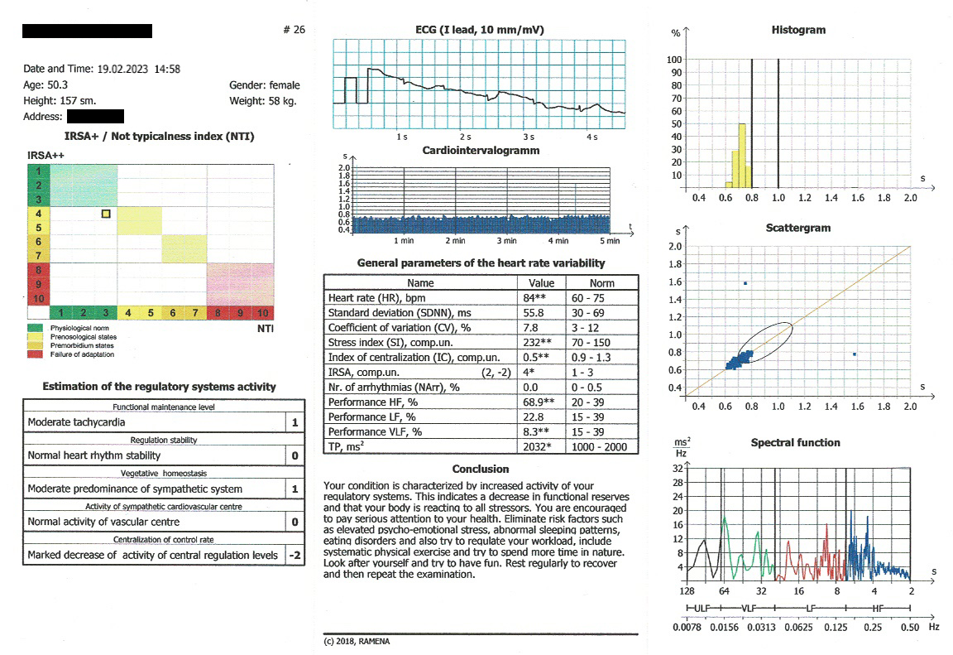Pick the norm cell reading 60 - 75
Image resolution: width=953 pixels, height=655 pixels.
coord(590,297)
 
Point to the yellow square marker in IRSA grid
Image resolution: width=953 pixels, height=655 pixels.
coord(106,214)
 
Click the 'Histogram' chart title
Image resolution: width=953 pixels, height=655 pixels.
coord(797,30)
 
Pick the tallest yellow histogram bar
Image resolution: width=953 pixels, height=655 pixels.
coord(742,156)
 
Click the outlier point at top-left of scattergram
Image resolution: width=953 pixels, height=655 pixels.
coord(745,283)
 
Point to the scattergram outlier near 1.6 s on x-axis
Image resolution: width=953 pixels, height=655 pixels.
coord(855,354)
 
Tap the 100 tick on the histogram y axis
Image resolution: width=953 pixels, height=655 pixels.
coord(675,60)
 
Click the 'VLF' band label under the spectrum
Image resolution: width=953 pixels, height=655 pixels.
coord(749,609)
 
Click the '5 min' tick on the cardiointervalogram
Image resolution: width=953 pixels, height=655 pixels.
coord(609,241)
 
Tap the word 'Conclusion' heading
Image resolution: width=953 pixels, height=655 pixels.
coord(481,470)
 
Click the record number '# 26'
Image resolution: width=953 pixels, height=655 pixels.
coord(294,30)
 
